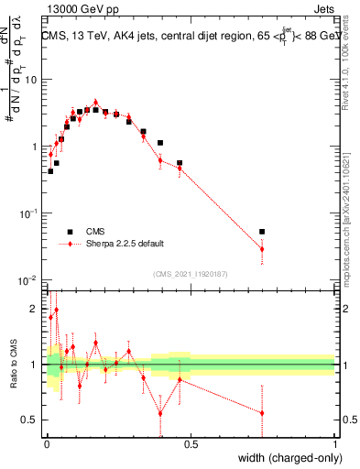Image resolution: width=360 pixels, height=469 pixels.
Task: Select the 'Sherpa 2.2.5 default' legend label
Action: tap(125, 244)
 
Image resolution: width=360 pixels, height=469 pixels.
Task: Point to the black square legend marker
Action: tap(69, 231)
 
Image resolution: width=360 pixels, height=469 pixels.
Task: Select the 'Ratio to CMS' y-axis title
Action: tap(14, 365)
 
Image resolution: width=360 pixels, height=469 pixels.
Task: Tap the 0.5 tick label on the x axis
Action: tap(191, 444)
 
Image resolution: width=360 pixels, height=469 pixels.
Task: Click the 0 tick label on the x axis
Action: tap(47, 444)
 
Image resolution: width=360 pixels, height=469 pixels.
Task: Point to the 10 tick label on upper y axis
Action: tap(31, 80)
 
